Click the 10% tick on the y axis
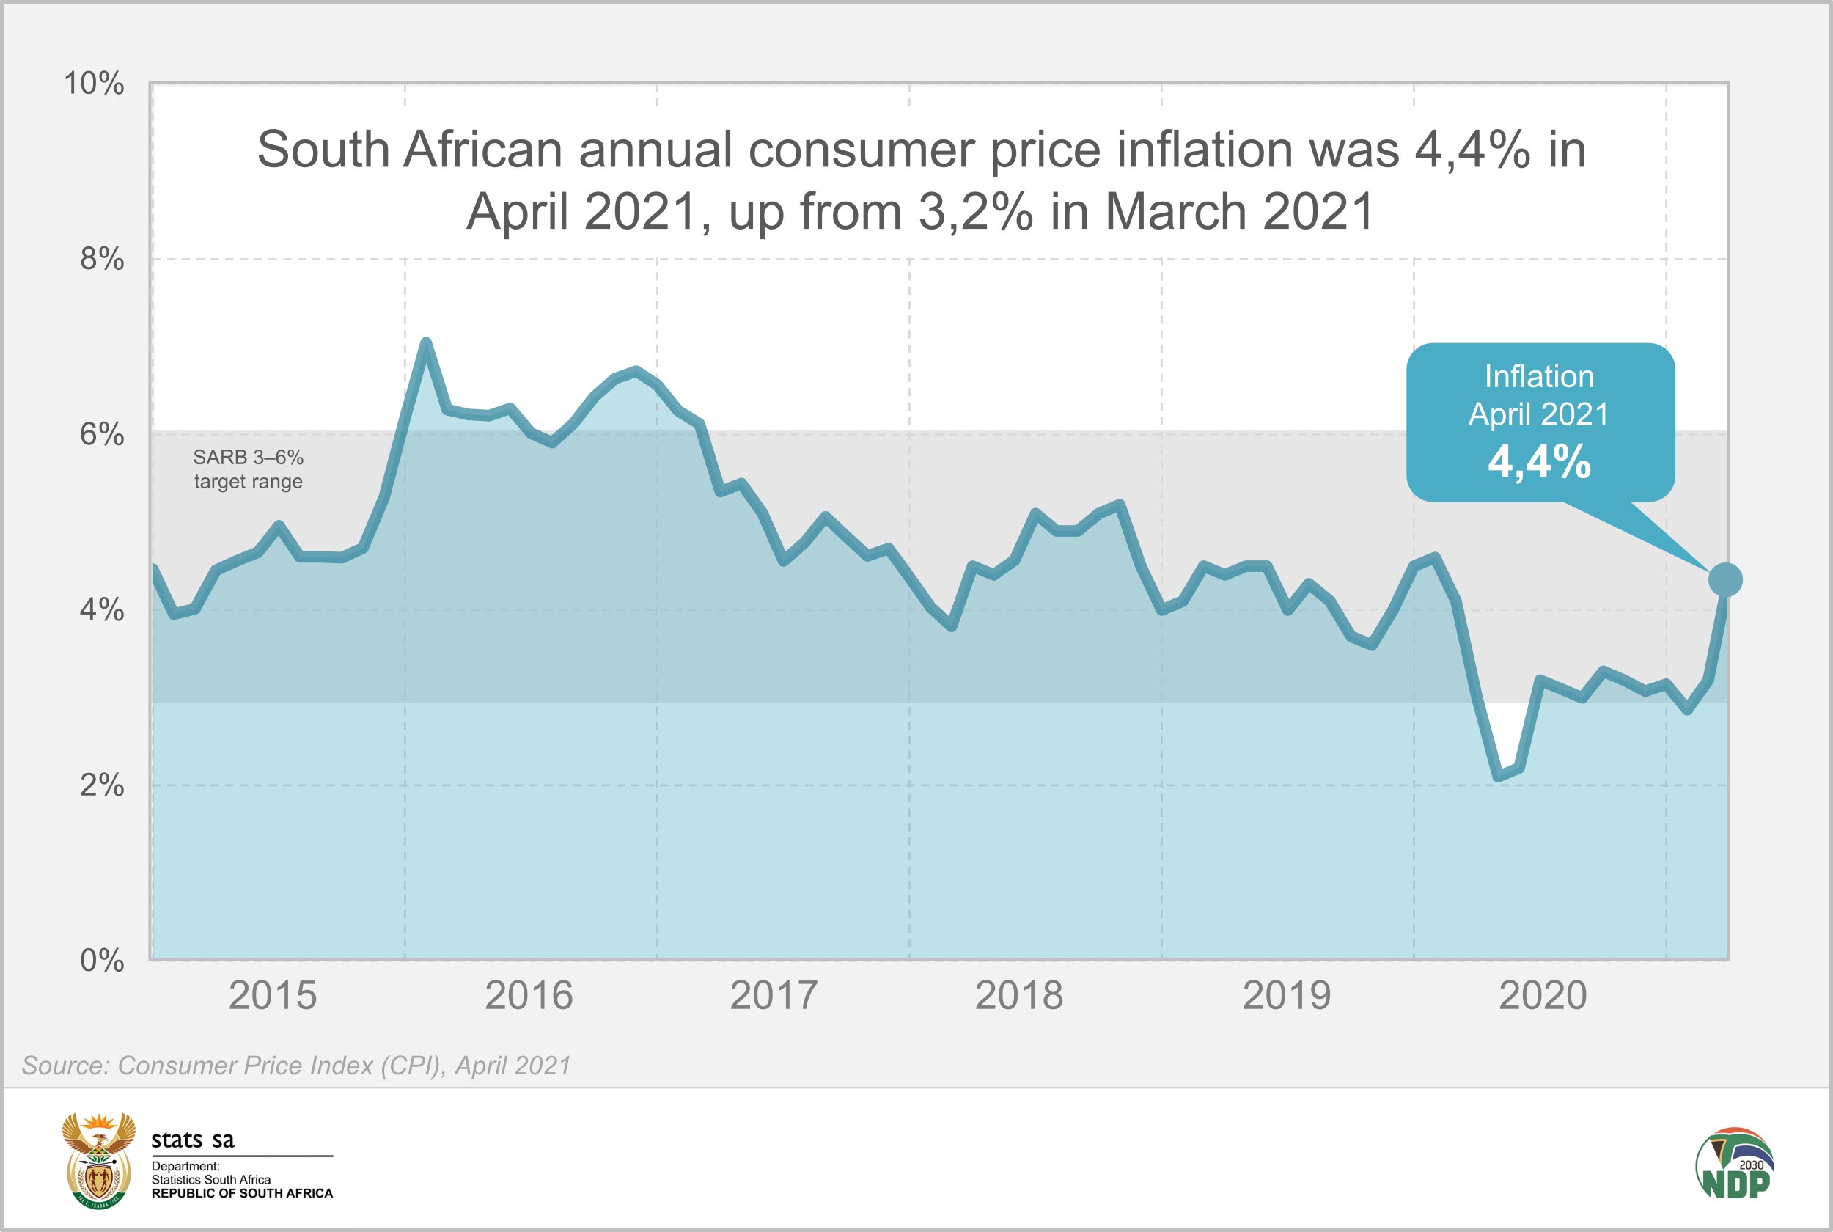coord(93,84)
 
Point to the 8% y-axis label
coord(101,258)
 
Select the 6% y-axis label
coord(101,433)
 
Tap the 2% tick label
coord(101,784)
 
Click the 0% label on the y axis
coord(101,959)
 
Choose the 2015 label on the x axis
coord(273,996)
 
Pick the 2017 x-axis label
coord(774,996)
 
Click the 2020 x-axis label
coord(1543,996)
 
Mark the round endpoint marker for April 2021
coord(1725,580)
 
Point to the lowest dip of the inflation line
coord(1499,777)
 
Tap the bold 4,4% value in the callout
coord(1539,461)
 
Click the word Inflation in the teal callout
coord(1539,376)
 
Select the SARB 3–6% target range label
coord(248,469)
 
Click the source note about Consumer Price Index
coord(296,1066)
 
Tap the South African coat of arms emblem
coord(98,1159)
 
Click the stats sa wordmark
coord(192,1140)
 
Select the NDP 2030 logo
coord(1734,1164)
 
